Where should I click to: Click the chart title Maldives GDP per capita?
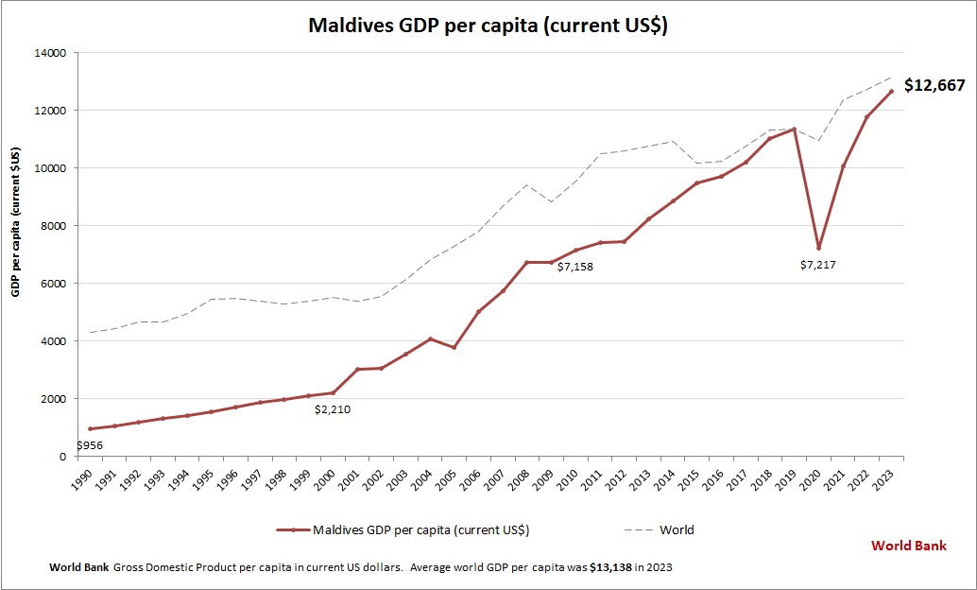click(x=488, y=26)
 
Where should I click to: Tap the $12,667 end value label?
click(x=934, y=85)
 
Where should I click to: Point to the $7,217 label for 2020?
click(x=817, y=265)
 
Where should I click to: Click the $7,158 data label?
click(x=574, y=268)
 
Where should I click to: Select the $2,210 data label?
click(x=332, y=409)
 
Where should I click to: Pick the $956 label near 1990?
click(x=90, y=445)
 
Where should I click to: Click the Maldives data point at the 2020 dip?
click(x=819, y=248)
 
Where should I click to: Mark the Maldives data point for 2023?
click(x=892, y=91)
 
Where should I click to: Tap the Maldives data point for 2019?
click(x=795, y=129)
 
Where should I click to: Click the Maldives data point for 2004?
click(x=430, y=338)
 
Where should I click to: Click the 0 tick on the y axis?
click(x=61, y=457)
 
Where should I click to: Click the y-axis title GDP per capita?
click(x=16, y=222)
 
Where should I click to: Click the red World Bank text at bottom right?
click(x=908, y=546)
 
